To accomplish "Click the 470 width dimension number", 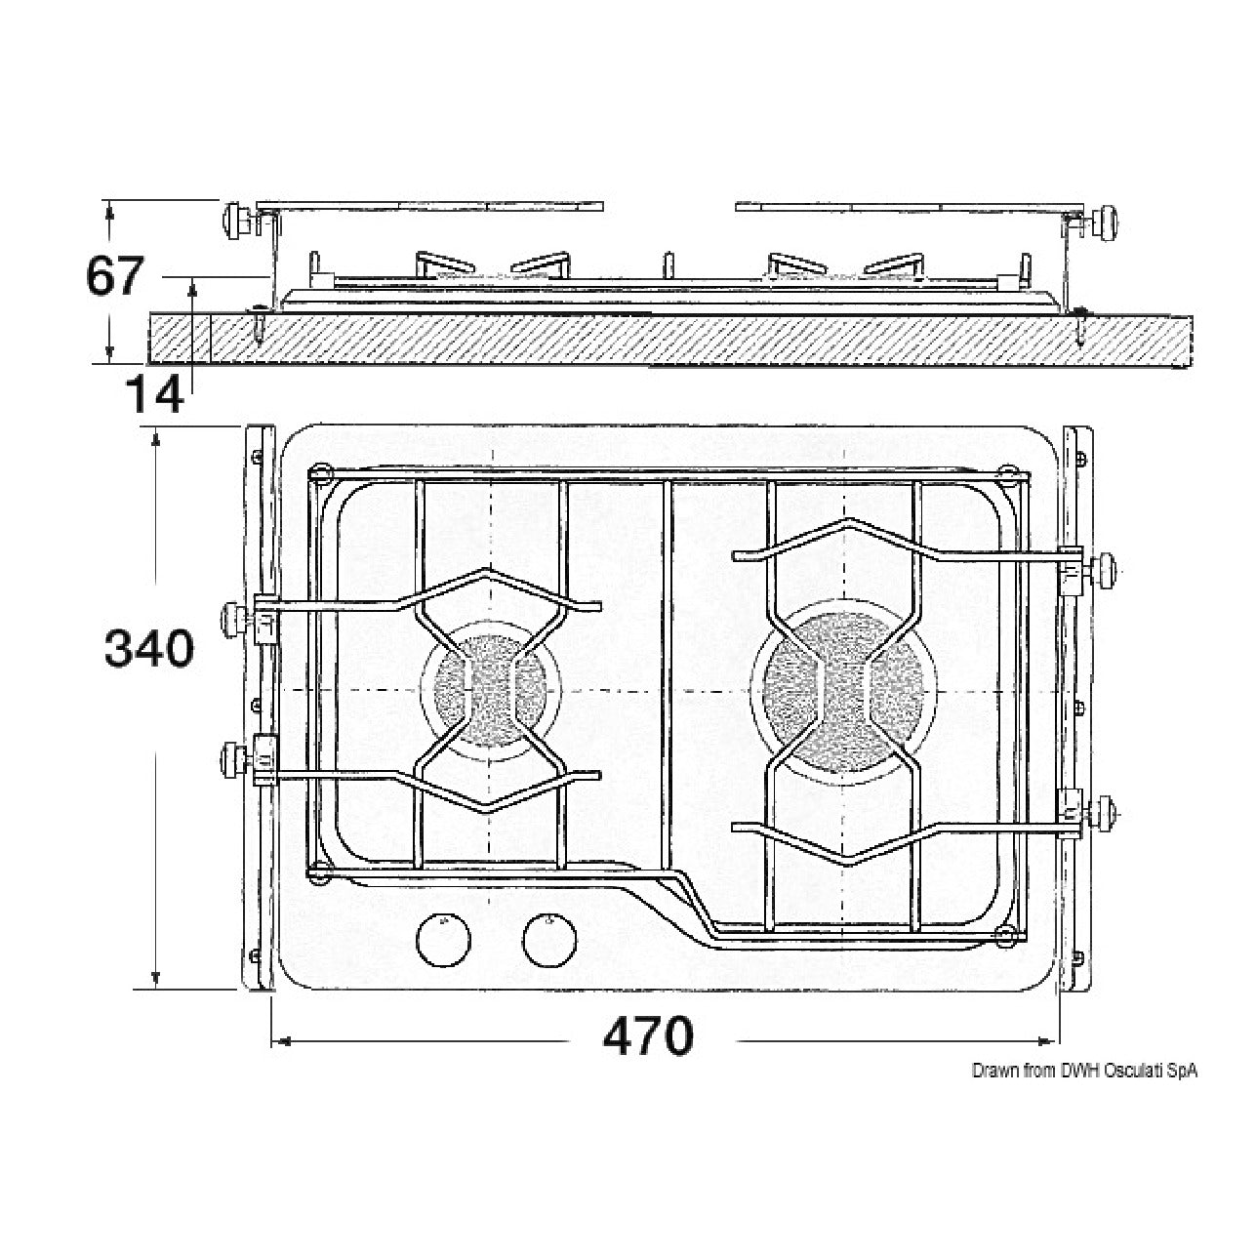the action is (647, 1035).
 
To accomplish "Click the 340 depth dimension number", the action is (149, 649).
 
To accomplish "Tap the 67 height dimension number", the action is (114, 276).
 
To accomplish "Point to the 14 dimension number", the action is (154, 394).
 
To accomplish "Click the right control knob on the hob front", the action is (549, 940).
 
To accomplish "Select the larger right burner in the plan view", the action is (843, 692).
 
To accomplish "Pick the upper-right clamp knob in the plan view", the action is (1106, 570).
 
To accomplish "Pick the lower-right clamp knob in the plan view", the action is (1104, 814).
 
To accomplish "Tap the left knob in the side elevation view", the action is (236, 222).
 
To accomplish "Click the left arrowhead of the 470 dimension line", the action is (280, 1041).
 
